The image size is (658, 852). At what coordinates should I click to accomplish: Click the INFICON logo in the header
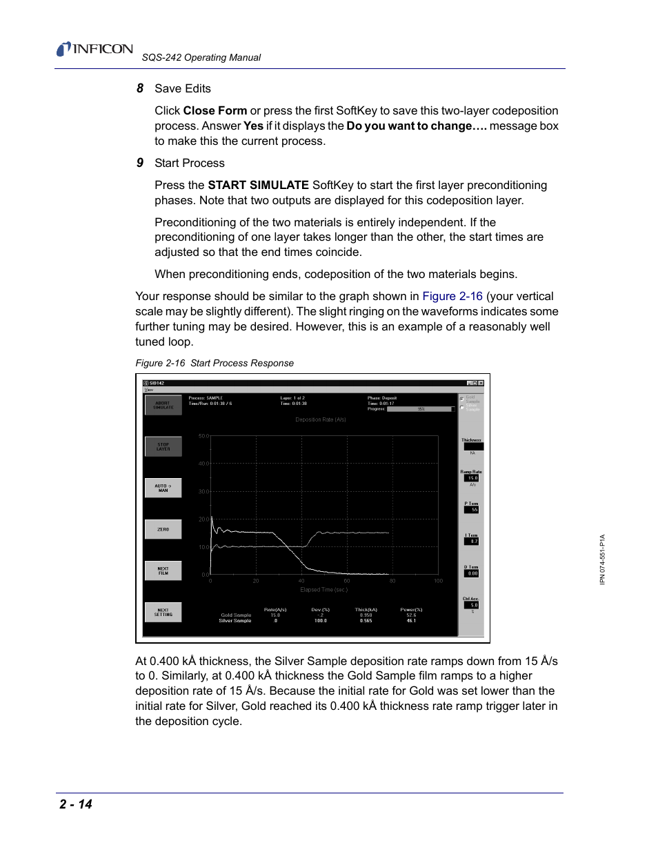point(94,49)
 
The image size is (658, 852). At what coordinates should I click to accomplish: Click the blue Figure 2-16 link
point(452,296)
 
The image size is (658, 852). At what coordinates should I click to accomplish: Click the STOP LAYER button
point(163,446)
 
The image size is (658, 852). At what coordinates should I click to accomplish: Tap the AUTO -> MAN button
point(163,488)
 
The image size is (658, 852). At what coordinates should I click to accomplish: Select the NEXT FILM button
point(163,571)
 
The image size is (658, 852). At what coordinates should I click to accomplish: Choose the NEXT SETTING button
point(163,612)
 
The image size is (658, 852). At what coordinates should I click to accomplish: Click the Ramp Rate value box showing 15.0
point(472,478)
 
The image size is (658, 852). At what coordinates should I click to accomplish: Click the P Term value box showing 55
point(472,510)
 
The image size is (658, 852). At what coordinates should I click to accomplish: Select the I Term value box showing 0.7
point(472,542)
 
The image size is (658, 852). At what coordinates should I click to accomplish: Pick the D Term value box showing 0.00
point(472,573)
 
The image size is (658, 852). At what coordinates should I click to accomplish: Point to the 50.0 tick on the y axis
point(203,436)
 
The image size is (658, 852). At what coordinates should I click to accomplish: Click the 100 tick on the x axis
point(438,581)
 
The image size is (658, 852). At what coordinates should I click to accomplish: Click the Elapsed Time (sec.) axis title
point(323,590)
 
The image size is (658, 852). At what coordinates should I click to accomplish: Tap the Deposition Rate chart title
point(321,419)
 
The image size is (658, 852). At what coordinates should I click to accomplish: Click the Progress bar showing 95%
point(421,409)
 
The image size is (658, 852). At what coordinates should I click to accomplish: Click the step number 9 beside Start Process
point(140,163)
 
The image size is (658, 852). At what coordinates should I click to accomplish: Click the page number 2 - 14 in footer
point(76,804)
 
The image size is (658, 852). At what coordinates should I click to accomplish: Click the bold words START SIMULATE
point(258,185)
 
